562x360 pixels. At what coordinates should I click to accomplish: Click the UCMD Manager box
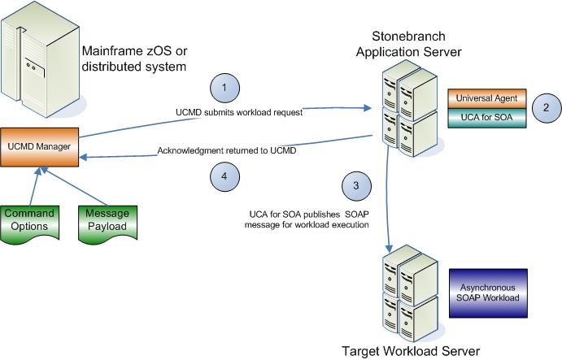(38, 146)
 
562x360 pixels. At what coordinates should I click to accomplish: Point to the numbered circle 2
(547, 107)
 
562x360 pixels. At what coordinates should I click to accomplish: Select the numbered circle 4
(224, 172)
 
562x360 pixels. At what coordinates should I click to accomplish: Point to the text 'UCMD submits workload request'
(238, 113)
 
